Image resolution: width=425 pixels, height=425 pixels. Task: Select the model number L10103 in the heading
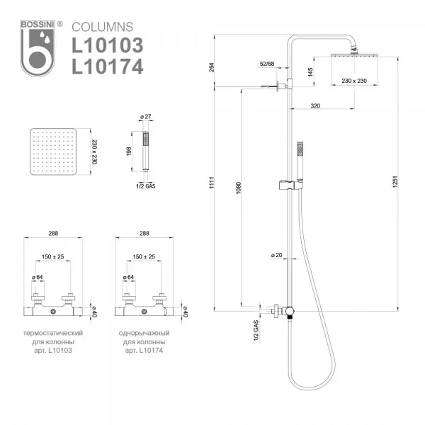click(107, 45)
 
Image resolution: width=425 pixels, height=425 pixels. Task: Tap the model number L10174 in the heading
click(107, 67)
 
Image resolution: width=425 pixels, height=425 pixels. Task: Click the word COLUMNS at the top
click(101, 27)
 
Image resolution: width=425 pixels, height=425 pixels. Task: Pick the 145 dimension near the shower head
click(311, 72)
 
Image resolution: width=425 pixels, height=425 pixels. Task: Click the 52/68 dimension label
click(268, 64)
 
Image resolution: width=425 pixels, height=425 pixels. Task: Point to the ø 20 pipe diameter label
click(276, 254)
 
